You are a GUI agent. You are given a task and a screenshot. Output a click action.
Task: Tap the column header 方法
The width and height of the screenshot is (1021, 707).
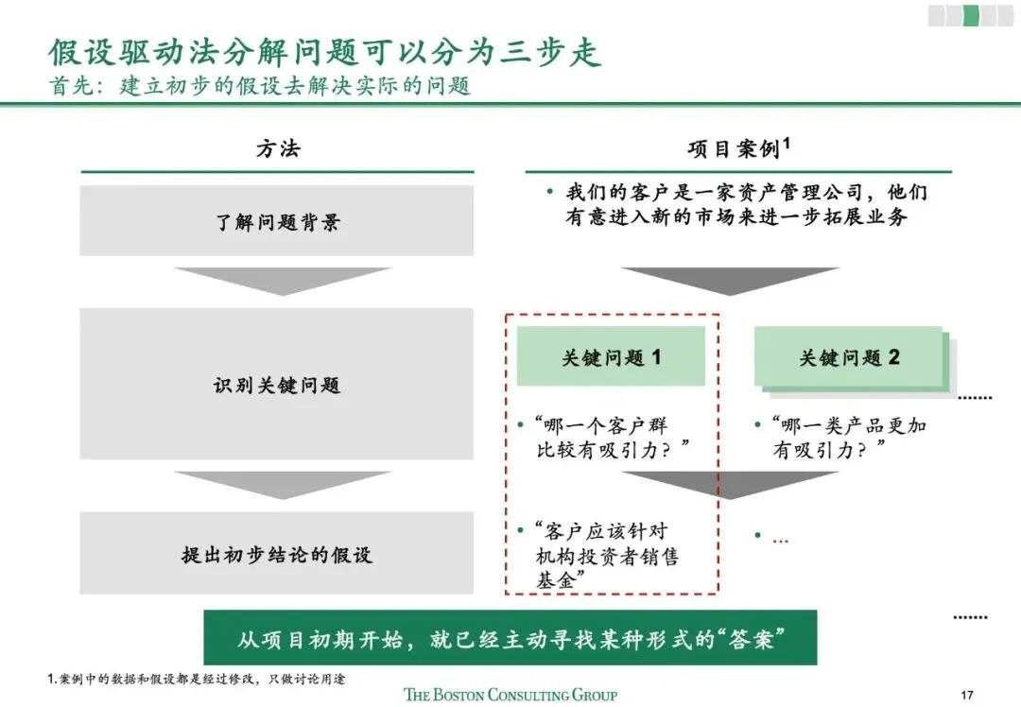coord(278,149)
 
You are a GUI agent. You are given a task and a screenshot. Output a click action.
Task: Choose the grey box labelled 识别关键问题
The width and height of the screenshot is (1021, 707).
coord(277,386)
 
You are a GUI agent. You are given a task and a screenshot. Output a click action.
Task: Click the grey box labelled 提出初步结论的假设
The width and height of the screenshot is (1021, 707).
coord(277,554)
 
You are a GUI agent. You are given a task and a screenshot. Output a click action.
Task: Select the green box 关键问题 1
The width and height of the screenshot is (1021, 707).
coord(611,357)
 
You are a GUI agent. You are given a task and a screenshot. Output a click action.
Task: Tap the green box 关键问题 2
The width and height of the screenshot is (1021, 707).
coord(849,357)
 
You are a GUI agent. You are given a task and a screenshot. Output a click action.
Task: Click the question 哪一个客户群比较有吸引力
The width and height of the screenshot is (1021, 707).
coord(611,438)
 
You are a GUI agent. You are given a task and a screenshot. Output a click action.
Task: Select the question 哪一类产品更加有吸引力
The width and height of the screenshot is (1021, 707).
coord(847,438)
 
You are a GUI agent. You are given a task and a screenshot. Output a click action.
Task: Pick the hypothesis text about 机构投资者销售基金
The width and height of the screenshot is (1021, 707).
coord(605,556)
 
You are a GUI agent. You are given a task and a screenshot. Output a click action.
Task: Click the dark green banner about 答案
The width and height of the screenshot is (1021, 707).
coord(510,638)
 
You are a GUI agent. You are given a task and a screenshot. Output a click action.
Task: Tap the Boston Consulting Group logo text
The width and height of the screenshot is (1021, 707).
coord(510,695)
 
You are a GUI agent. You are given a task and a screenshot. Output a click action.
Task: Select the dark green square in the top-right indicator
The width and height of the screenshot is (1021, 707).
coord(970,15)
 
